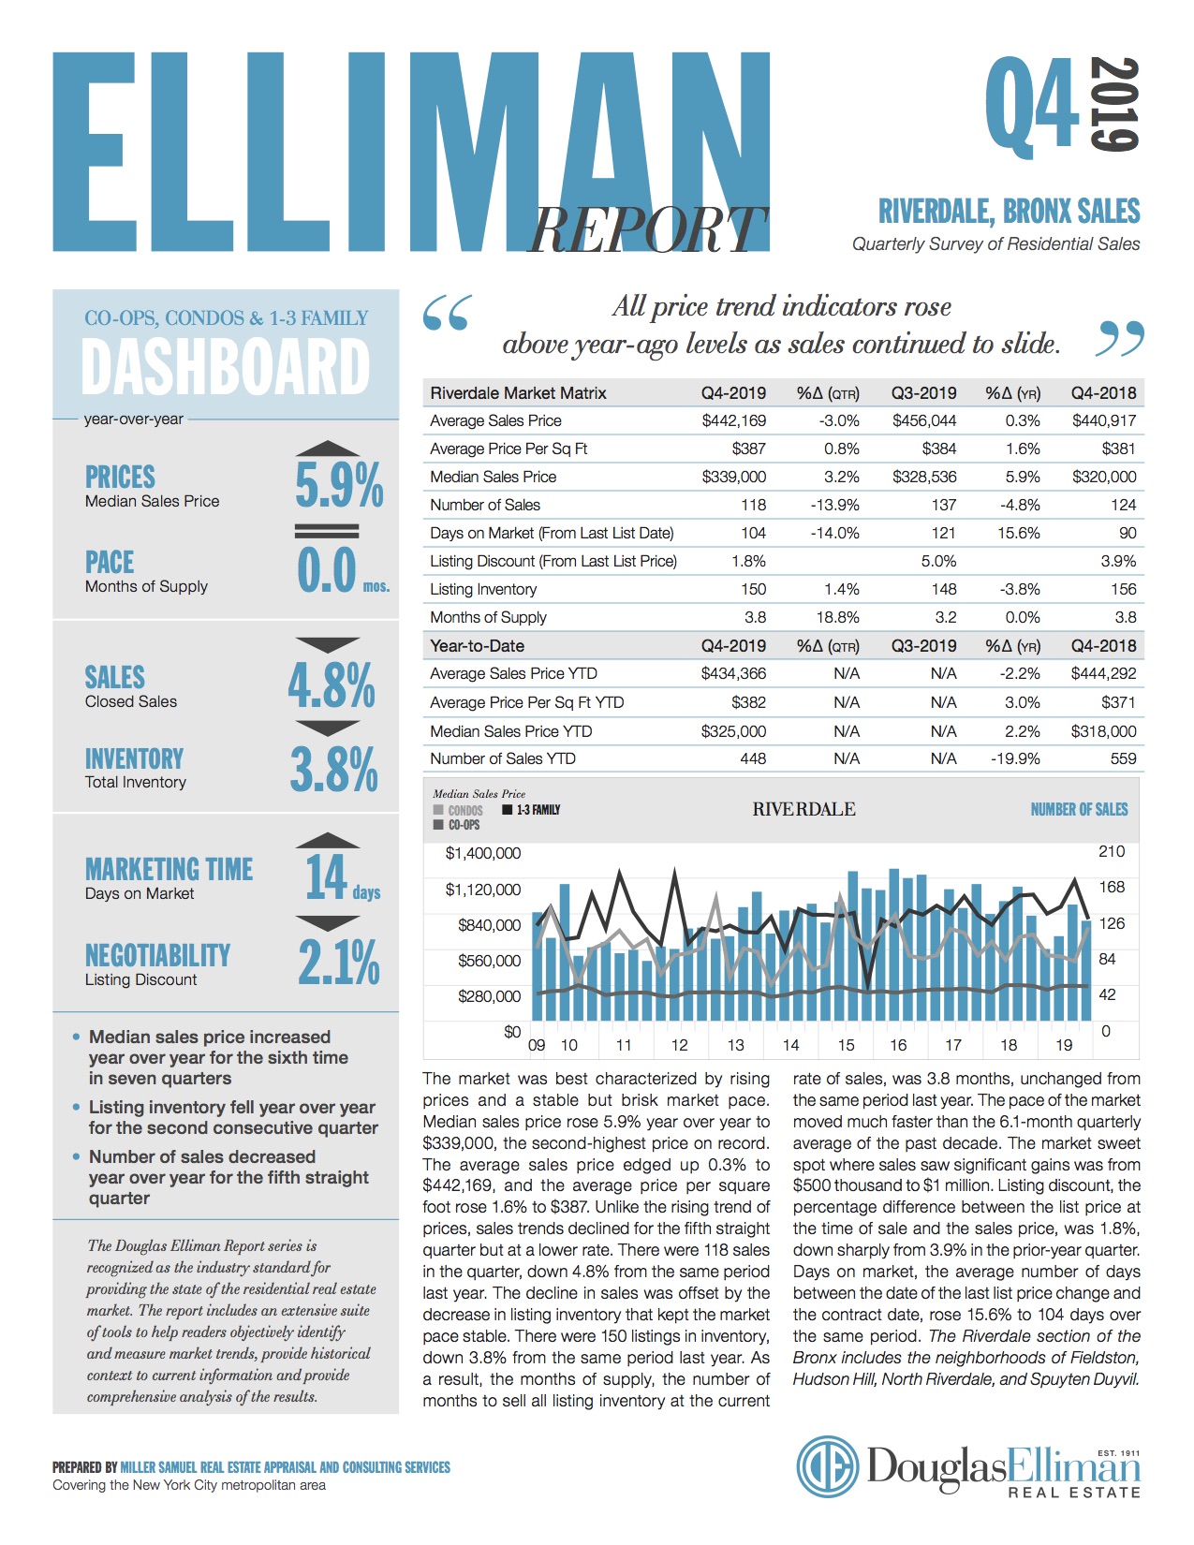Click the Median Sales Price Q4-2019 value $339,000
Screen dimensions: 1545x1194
point(733,477)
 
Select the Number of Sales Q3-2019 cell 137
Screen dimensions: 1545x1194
point(943,505)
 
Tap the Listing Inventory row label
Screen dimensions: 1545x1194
point(483,589)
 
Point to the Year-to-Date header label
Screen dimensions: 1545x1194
point(477,645)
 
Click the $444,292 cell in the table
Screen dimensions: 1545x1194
point(1103,673)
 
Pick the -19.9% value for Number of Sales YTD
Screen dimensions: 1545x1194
point(1015,758)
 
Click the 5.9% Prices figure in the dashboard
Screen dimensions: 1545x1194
point(339,485)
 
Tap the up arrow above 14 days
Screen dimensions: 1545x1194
point(327,840)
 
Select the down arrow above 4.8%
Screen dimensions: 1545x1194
point(327,644)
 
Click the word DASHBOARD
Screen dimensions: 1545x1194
point(226,367)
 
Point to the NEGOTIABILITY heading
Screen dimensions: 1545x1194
point(157,955)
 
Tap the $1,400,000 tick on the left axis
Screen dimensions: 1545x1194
point(483,853)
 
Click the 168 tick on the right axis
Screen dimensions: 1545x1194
point(1112,887)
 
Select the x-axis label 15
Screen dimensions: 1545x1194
point(846,1045)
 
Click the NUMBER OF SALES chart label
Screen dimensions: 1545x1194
point(1079,809)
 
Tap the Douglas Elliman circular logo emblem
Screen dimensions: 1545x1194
point(828,1467)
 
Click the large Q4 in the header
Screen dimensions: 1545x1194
point(1031,105)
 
